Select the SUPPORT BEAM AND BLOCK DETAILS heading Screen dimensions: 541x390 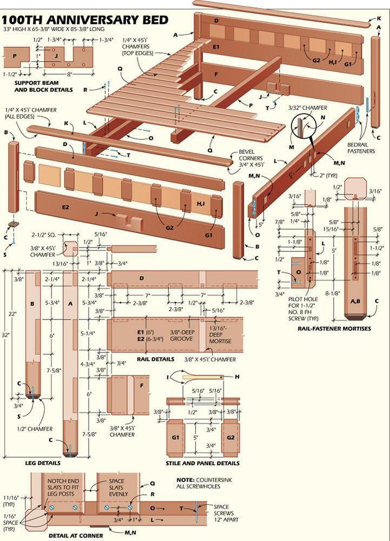[43, 86]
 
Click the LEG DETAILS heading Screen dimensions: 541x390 [43, 463]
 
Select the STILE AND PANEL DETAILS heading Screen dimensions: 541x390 [203, 464]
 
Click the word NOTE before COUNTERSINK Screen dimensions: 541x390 [186, 480]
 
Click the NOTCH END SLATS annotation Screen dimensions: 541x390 [65, 487]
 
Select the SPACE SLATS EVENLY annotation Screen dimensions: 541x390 [116, 487]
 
